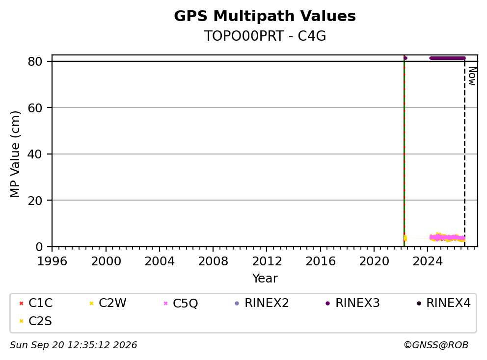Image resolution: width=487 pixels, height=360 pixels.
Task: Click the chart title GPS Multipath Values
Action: point(265,16)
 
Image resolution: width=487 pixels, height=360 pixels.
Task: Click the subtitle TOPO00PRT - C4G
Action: point(265,36)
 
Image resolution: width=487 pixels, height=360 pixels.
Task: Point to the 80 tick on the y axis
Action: point(35,61)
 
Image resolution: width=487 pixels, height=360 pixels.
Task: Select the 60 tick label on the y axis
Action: point(35,108)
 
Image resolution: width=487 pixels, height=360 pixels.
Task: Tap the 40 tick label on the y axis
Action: point(35,154)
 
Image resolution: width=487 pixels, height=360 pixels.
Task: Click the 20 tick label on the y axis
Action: point(35,201)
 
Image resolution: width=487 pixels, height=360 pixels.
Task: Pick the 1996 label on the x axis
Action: point(52,261)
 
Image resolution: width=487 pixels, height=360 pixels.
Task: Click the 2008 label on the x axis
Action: point(213,261)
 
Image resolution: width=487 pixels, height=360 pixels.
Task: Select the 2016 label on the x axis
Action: point(320,261)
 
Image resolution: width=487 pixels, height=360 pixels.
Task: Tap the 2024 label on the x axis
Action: point(428,261)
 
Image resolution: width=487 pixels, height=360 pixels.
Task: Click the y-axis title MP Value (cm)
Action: point(15,154)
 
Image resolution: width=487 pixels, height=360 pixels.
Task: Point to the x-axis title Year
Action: point(265,279)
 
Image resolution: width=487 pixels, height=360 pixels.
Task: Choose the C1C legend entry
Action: point(36,303)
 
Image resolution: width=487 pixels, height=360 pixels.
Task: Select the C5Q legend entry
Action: point(181,303)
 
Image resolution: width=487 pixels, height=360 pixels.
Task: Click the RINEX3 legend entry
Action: point(352,303)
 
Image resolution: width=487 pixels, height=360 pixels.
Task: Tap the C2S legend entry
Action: point(35,321)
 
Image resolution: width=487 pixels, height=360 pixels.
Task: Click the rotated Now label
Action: point(472,76)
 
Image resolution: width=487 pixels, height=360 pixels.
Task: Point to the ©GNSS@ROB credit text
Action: point(436,345)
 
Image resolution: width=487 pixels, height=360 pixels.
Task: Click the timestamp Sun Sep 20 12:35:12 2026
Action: point(73,345)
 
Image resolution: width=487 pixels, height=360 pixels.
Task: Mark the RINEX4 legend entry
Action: point(443,303)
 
